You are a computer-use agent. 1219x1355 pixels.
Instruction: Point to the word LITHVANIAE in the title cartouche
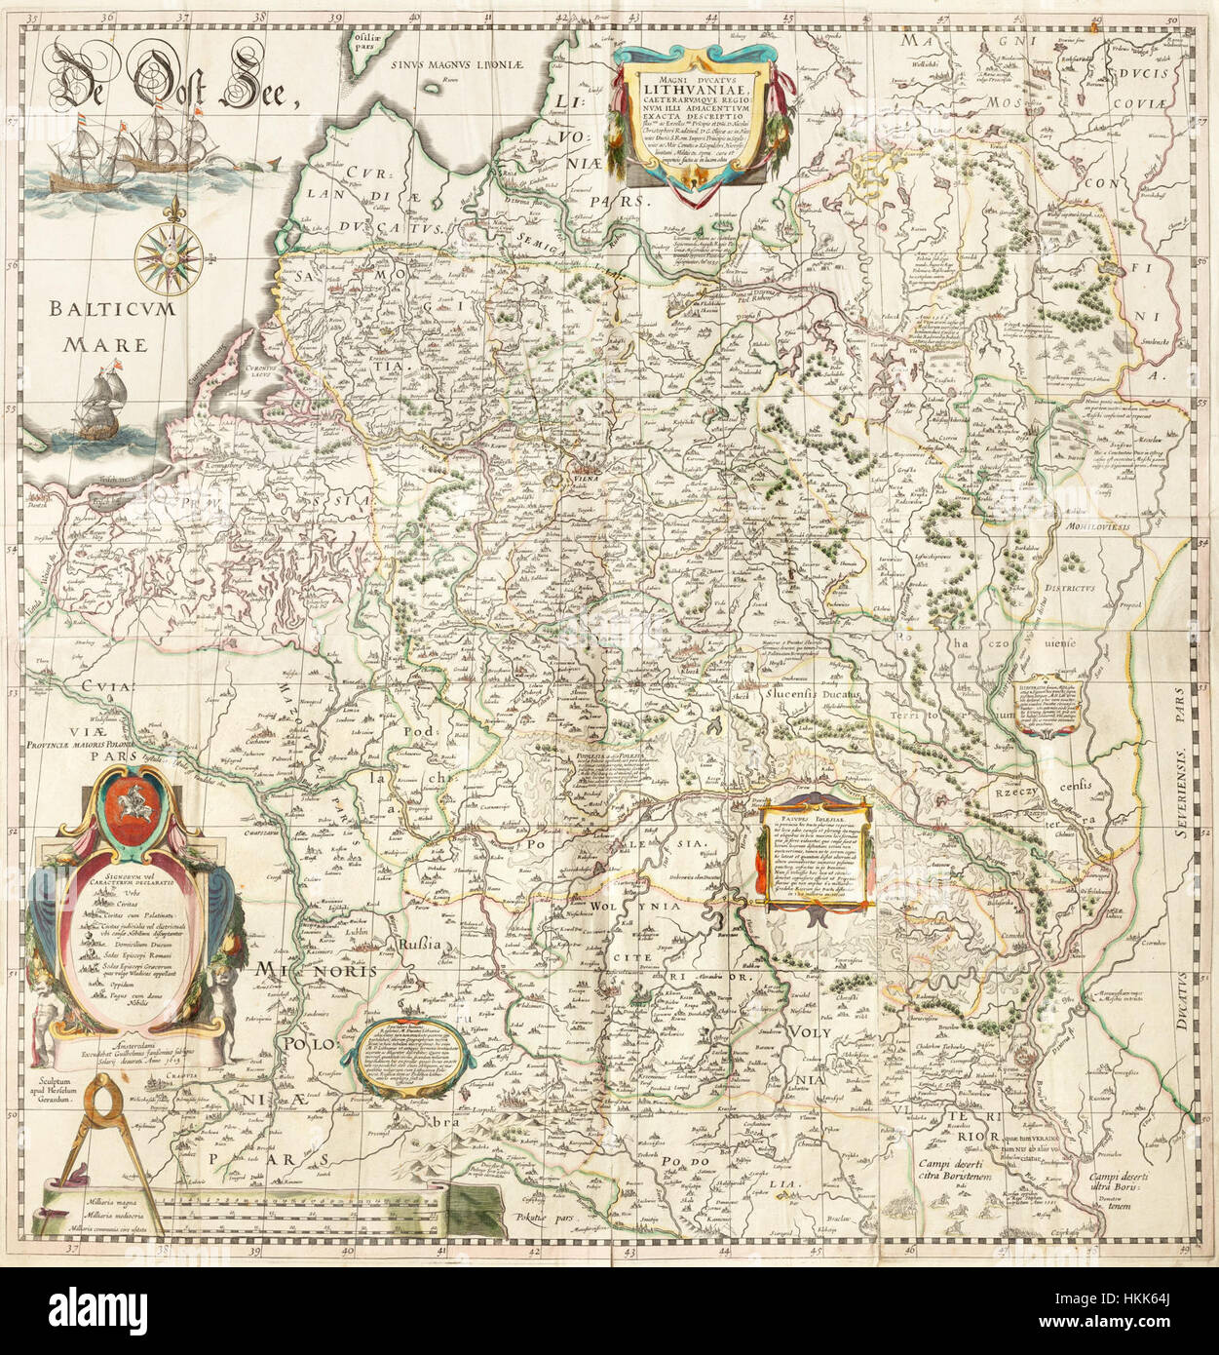(x=698, y=93)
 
